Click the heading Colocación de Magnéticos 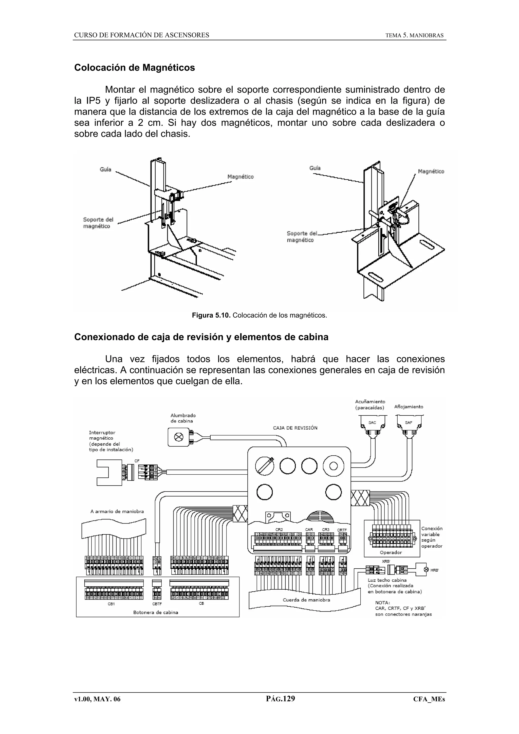(134, 68)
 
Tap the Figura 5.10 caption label (211, 316)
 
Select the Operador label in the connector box (391, 552)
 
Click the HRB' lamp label (435, 570)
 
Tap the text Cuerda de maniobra (306, 600)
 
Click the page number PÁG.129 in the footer (281, 699)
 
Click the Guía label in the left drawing (105, 169)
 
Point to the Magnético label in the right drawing (431, 172)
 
